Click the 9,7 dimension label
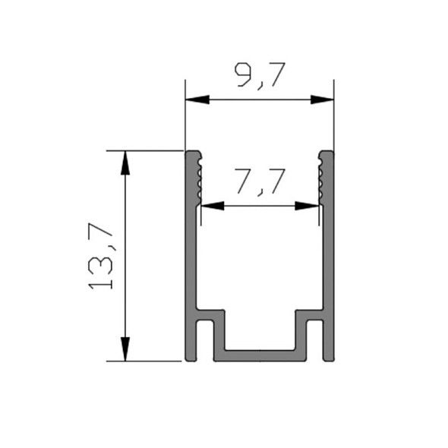(x=260, y=76)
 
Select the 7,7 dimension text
(x=260, y=182)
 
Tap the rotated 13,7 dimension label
(x=100, y=257)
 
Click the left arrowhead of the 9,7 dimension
(x=197, y=99)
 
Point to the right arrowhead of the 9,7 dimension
(x=322, y=99)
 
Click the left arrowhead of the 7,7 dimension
(x=213, y=206)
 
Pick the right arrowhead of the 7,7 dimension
(x=307, y=206)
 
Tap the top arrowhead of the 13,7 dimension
(x=125, y=162)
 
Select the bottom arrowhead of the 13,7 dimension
(x=125, y=349)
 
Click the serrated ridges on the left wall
(x=200, y=178)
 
